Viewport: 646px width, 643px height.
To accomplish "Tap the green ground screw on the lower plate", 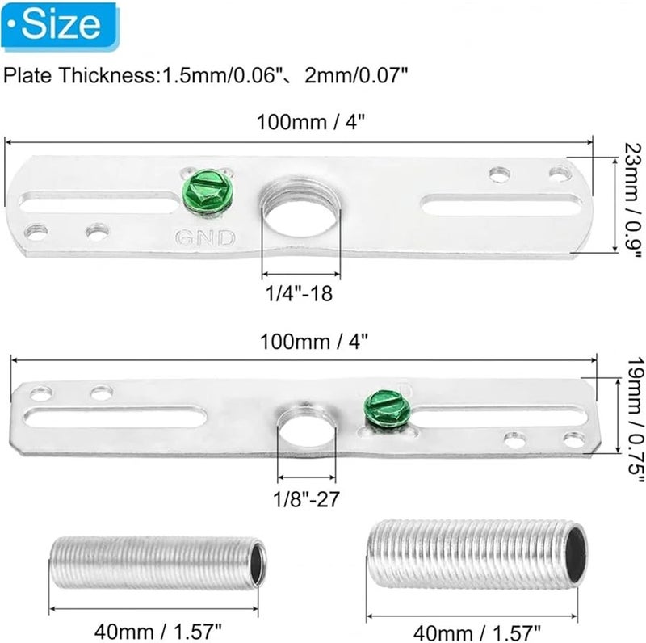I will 385,406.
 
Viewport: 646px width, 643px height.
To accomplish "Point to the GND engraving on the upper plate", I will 208,237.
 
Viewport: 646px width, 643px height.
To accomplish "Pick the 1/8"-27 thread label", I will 305,498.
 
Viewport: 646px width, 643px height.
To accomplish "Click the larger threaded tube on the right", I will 476,554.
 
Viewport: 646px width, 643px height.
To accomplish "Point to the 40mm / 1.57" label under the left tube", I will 158,628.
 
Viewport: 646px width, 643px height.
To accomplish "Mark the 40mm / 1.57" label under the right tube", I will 476,628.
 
